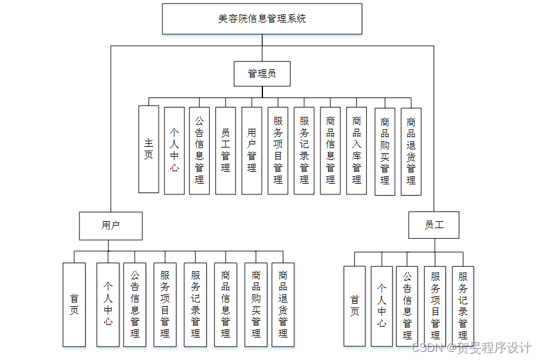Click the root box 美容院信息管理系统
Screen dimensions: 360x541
coord(262,19)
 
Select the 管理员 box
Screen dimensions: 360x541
coord(262,73)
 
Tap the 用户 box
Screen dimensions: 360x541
coord(111,226)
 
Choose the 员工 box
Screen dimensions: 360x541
coord(434,225)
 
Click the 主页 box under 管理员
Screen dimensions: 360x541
coord(149,149)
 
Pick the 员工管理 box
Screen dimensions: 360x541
coord(226,150)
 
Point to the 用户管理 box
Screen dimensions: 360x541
coord(252,150)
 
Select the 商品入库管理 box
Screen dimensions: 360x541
coord(357,150)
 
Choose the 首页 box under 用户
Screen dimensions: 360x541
coord(74,304)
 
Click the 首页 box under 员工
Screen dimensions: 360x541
coord(354,306)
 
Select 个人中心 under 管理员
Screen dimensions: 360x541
coord(174,150)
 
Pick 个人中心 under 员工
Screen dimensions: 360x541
coord(382,306)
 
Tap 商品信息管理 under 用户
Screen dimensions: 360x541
coord(226,304)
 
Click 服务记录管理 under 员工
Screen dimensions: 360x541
coord(463,306)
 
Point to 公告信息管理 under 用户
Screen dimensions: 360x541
coord(135,304)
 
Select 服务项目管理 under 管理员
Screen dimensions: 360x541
coord(278,150)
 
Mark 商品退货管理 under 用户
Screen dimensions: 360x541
coord(283,304)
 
